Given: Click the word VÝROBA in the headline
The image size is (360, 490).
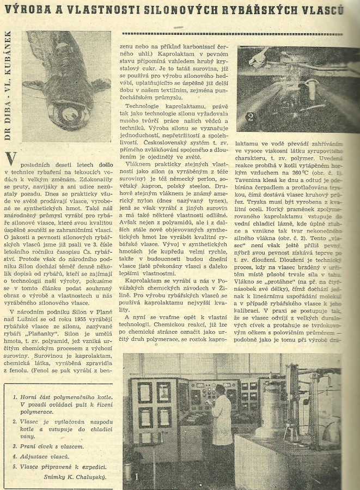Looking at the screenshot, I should point(28,10).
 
